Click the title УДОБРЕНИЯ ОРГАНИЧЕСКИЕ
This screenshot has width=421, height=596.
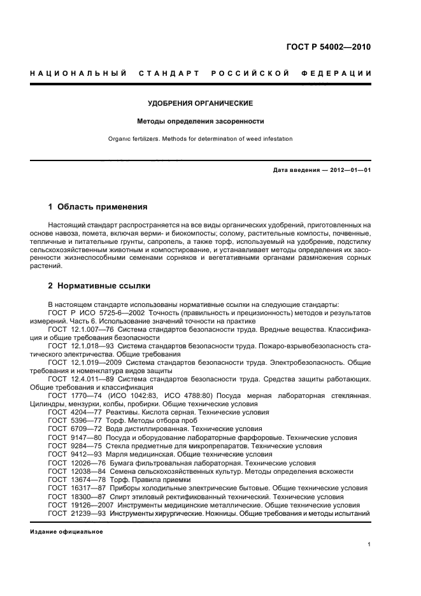click(201, 103)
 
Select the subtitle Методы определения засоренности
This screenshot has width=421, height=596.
click(201, 121)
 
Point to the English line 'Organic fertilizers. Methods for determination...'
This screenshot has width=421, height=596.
click(201, 138)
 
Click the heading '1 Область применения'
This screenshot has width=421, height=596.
click(98, 207)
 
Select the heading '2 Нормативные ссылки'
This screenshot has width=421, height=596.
click(99, 286)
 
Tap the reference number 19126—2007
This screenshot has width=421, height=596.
click(92, 504)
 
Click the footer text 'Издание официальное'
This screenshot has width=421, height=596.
click(66, 532)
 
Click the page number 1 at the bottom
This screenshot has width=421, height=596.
click(369, 545)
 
